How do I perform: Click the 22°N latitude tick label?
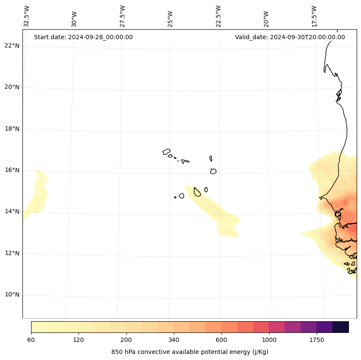tap(12, 46)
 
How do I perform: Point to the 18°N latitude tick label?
tap(12, 129)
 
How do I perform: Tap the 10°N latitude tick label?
tap(12, 295)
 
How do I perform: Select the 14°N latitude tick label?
tap(12, 212)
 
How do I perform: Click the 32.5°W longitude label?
tap(27, 16)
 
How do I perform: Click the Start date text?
tap(83, 37)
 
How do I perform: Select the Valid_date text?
tap(290, 37)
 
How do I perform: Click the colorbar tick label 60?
tap(31, 340)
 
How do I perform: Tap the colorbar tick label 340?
tap(174, 340)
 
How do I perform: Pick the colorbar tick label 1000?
tap(269, 340)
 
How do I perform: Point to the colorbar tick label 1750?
tap(317, 340)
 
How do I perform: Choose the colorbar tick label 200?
tap(126, 340)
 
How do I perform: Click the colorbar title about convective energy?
tap(190, 352)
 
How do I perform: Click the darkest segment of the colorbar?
tap(341, 327)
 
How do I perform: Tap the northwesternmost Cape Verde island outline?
tap(166, 152)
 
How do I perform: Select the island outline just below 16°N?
tap(213, 171)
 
